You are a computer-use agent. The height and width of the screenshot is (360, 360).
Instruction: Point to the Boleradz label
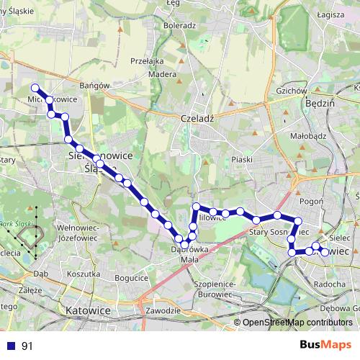coord(179,25)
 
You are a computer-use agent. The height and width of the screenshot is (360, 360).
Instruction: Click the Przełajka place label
coord(148,61)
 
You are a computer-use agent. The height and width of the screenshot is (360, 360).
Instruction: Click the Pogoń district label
coord(311,202)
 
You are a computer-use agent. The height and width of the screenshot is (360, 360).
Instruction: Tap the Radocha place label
coord(330,284)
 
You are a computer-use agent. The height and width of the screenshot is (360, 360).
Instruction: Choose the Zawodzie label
coord(162,310)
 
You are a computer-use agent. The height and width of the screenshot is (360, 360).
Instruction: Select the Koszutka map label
coord(82,274)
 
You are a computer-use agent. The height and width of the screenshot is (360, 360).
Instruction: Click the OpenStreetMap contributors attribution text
coord(297,323)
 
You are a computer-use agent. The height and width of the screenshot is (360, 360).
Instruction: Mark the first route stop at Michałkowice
coord(35,88)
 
